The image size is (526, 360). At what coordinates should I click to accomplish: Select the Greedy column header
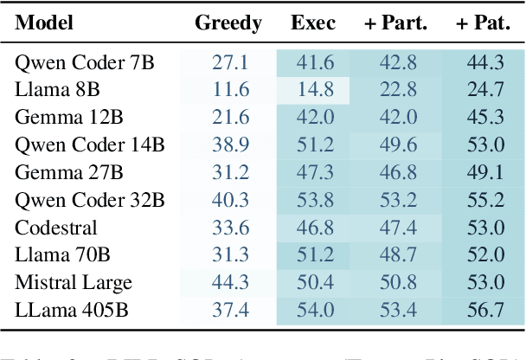(228, 23)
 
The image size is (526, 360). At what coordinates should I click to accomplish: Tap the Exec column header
(312, 23)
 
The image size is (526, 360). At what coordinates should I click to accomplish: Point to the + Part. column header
(395, 23)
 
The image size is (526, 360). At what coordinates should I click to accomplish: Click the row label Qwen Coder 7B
(76, 62)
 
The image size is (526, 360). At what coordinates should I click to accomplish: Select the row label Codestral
(56, 228)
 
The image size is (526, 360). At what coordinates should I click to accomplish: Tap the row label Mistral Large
(74, 283)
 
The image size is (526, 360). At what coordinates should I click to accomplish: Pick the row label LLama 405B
(70, 311)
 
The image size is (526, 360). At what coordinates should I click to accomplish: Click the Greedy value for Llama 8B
(229, 90)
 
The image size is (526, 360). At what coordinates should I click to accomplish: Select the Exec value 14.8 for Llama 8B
(313, 90)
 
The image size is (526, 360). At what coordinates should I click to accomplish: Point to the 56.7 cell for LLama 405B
(485, 311)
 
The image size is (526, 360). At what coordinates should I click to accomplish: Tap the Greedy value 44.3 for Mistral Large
(229, 283)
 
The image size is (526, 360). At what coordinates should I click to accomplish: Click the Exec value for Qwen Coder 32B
(313, 201)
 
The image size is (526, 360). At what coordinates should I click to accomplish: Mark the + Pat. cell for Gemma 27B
(485, 173)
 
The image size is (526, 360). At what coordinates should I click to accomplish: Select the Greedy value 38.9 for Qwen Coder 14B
(229, 145)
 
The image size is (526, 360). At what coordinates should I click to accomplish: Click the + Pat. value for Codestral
(485, 228)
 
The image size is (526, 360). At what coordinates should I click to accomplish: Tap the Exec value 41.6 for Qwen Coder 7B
(313, 62)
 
